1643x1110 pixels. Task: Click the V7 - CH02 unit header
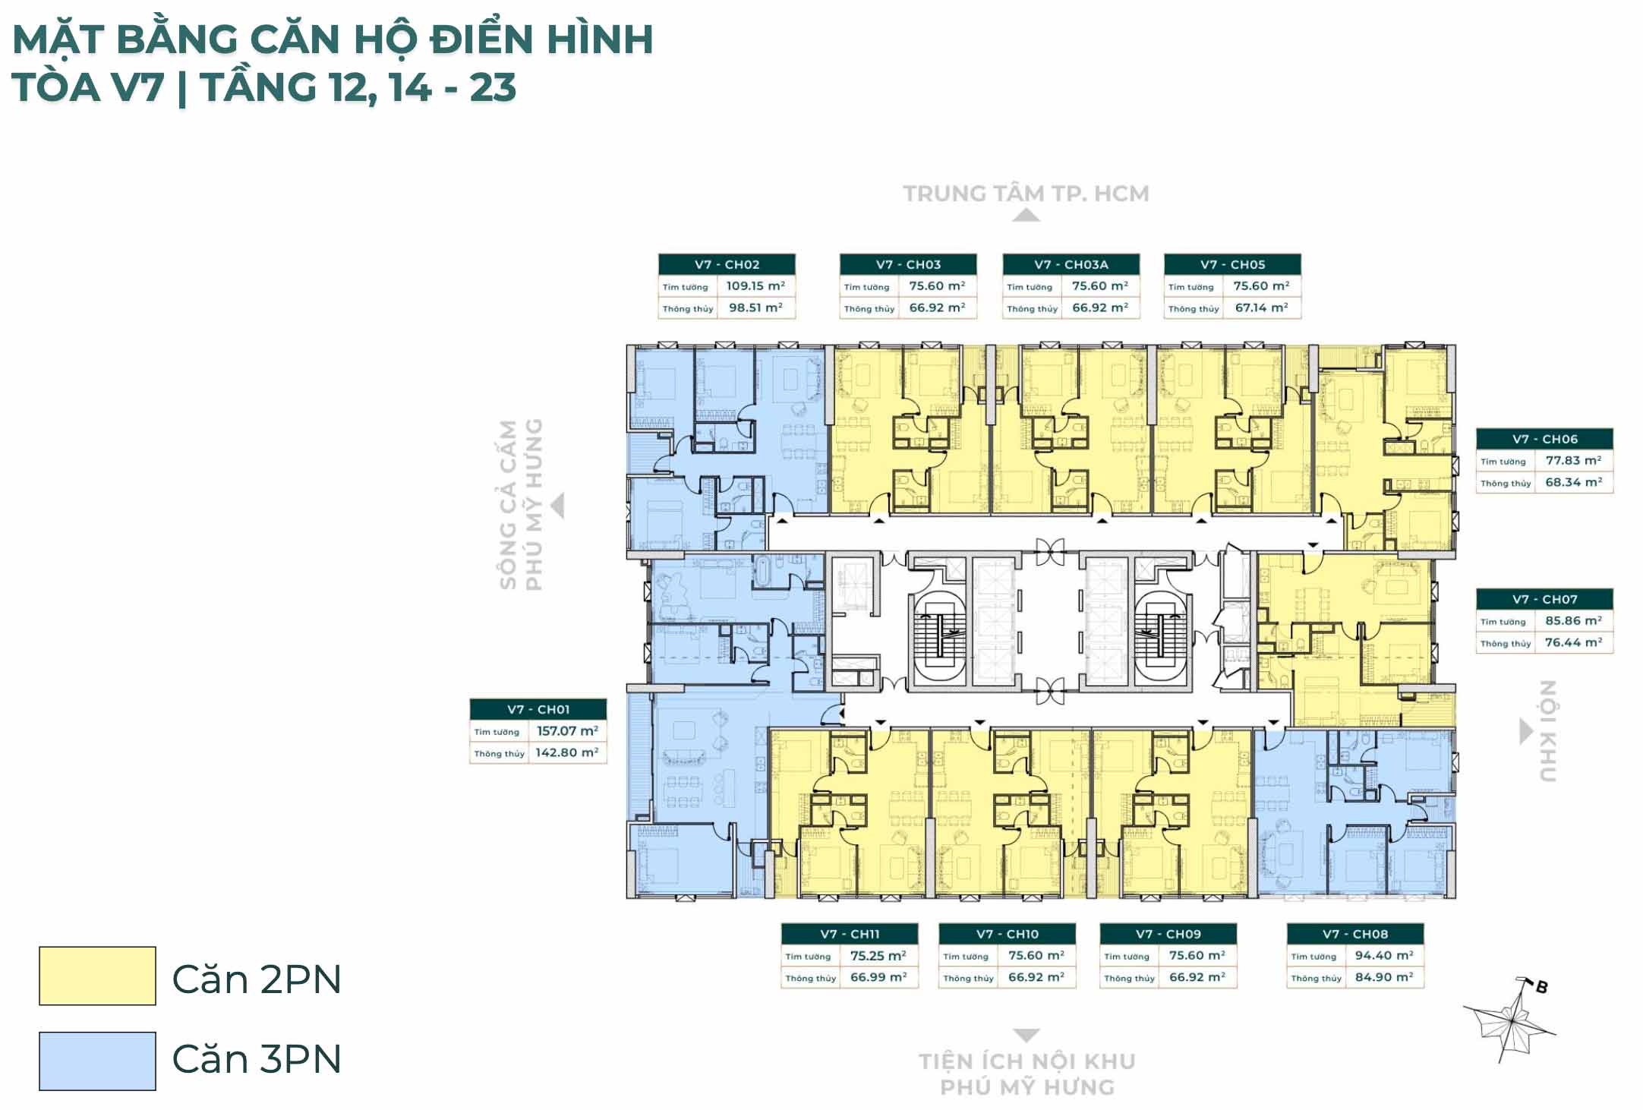point(727,264)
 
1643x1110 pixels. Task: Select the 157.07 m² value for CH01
point(567,731)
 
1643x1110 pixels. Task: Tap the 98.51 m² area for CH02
point(755,307)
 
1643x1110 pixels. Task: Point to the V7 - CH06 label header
point(1544,439)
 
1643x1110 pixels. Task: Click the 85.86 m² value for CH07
point(1573,620)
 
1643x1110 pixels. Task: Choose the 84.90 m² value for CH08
point(1384,977)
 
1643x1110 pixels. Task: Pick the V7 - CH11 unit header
point(850,934)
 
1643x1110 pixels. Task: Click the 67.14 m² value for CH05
point(1261,307)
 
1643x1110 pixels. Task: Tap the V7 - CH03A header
point(1071,264)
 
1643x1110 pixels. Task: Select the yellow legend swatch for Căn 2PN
point(97,976)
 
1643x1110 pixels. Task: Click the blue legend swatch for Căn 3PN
point(97,1061)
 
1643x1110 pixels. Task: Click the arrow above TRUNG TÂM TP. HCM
point(1026,216)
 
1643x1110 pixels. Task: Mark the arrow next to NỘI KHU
point(1526,731)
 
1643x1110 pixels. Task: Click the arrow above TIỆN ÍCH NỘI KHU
point(1026,1036)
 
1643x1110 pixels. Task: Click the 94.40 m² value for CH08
point(1384,955)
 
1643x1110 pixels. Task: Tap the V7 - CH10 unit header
point(1007,934)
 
